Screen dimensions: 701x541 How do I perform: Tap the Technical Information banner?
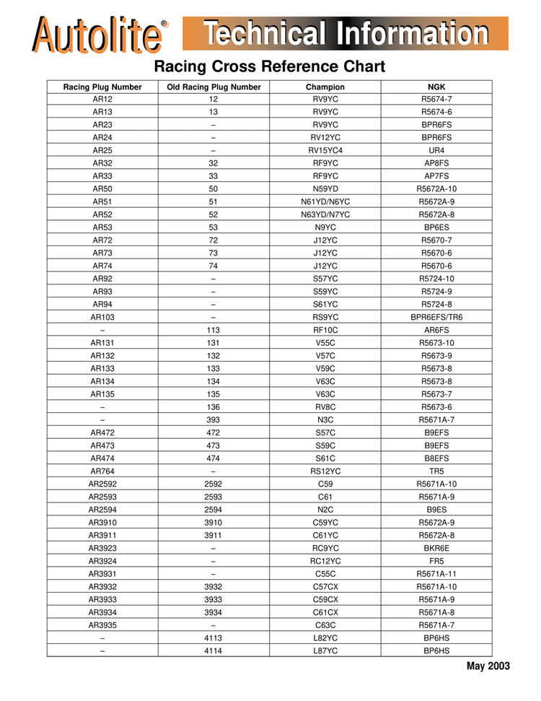[x=346, y=33]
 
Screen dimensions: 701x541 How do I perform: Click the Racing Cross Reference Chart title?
[x=270, y=67]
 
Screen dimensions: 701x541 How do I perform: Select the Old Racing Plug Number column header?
[x=214, y=87]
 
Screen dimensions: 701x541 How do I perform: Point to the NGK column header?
[x=436, y=87]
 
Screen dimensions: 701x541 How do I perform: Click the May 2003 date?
[x=488, y=666]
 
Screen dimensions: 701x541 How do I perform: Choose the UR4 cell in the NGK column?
[x=436, y=150]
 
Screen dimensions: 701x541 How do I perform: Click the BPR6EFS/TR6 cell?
[x=436, y=317]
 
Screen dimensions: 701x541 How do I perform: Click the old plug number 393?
[x=214, y=419]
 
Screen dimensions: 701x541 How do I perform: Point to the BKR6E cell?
[x=436, y=548]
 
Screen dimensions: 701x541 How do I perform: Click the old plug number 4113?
[x=214, y=637]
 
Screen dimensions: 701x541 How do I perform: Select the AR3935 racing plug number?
[x=102, y=624]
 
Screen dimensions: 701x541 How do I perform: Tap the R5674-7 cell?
[x=436, y=99]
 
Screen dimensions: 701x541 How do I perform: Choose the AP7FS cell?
[x=436, y=176]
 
